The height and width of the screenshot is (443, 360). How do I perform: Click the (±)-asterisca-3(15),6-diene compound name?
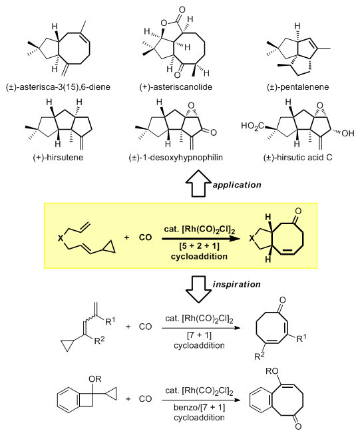tap(58, 86)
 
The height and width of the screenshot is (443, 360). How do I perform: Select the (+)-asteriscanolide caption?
tap(176, 86)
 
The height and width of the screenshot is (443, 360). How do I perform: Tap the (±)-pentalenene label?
tap(298, 86)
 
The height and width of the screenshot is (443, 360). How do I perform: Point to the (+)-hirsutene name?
tap(58, 157)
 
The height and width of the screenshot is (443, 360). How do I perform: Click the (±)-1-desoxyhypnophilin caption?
tap(176, 157)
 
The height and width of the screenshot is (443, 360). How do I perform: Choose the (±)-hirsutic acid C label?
tap(298, 157)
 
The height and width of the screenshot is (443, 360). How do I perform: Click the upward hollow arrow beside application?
tap(198, 183)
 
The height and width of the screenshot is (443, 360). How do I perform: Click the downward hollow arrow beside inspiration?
tap(198, 289)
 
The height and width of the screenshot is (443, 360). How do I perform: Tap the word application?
tap(237, 185)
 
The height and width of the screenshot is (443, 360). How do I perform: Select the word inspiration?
tap(236, 284)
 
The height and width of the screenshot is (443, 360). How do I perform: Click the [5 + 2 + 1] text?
tap(199, 246)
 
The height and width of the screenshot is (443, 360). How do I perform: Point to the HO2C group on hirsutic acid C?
tap(253, 126)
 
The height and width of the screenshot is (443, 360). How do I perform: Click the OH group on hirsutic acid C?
tap(347, 133)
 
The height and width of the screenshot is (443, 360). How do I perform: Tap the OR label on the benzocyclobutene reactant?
tap(95, 379)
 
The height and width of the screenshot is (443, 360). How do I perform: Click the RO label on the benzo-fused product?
tap(272, 371)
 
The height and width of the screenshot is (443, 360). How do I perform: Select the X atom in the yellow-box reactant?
tap(60, 238)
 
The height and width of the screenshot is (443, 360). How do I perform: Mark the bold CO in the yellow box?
tap(145, 237)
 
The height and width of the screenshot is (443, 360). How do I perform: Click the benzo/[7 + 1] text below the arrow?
tap(199, 407)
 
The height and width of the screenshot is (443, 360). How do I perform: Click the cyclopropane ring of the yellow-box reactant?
tap(109, 247)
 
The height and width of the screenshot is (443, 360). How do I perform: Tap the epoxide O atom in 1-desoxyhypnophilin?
tap(191, 106)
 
